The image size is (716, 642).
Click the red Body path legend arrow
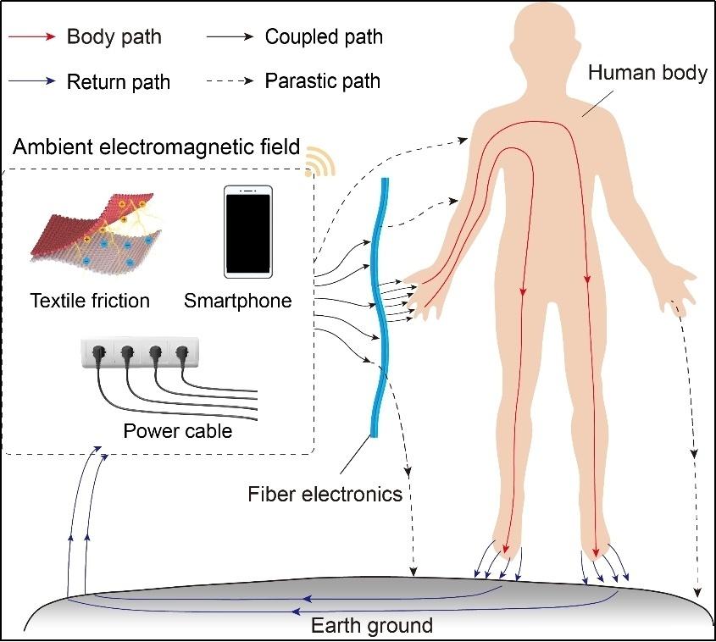(x=32, y=37)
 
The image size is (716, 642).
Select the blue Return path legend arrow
(x=32, y=81)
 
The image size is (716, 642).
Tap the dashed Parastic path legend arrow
(x=230, y=81)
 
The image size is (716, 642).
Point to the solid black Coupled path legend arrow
(x=230, y=37)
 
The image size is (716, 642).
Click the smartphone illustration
(x=248, y=232)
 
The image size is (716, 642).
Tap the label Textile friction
(x=90, y=301)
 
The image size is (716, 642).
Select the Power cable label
(x=178, y=431)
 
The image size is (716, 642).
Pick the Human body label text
(x=647, y=73)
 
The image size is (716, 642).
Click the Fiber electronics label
(x=325, y=494)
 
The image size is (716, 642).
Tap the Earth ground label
(x=372, y=626)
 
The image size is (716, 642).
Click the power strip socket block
(x=140, y=352)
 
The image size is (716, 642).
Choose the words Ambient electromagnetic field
(x=157, y=147)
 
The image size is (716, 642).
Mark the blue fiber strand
(x=379, y=307)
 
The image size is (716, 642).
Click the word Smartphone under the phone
(x=237, y=302)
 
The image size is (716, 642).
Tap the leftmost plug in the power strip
(x=99, y=353)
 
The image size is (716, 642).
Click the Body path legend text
(x=114, y=37)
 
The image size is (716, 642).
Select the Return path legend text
(x=119, y=82)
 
